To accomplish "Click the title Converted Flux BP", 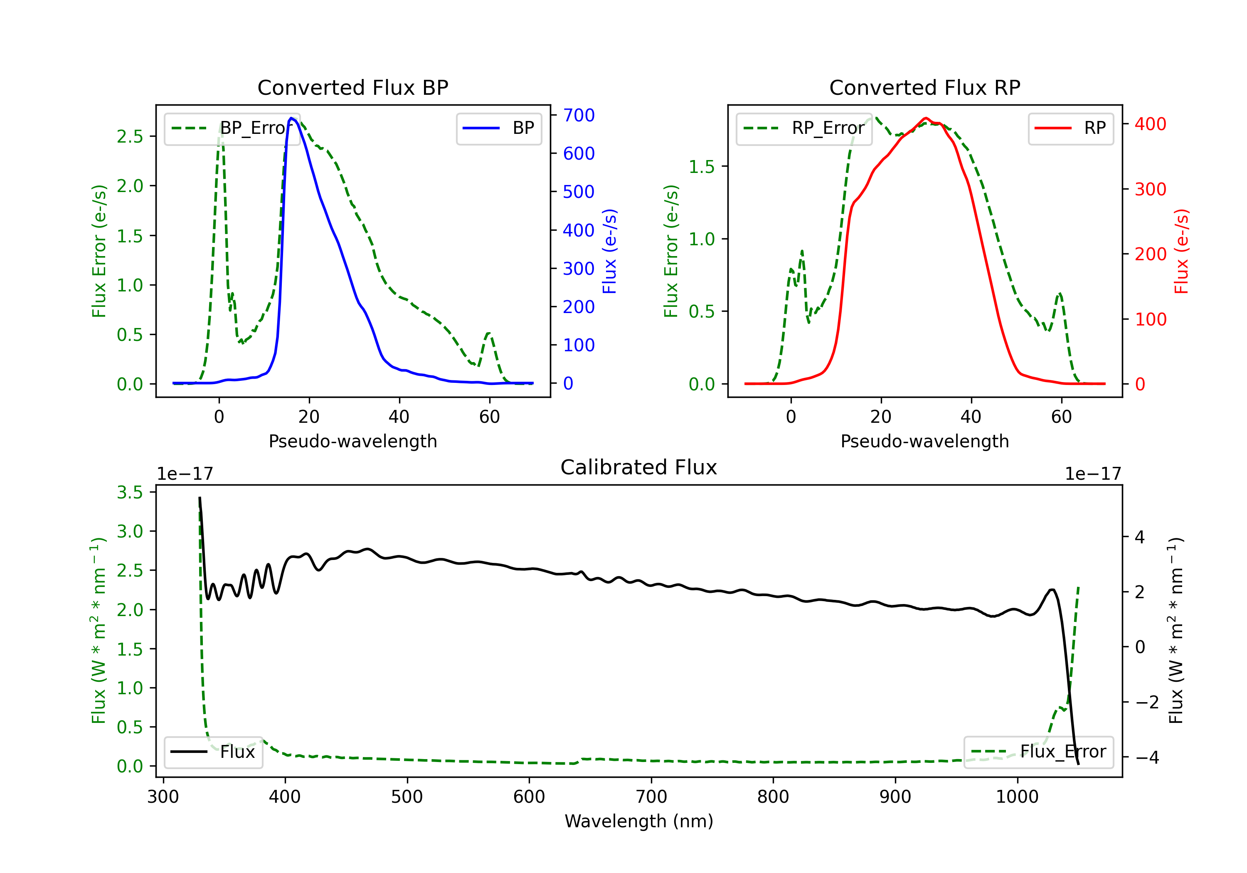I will tap(352, 87).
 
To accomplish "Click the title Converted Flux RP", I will tap(924, 87).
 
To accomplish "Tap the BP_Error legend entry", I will tap(232, 128).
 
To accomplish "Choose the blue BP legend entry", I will tap(498, 128).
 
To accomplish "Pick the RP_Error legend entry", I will tap(804, 128).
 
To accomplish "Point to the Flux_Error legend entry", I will tap(1038, 752).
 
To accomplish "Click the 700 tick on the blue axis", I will tap(579, 115).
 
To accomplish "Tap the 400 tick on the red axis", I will tap(1150, 124).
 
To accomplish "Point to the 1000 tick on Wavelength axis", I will tap(1017, 797).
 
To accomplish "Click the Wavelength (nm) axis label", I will tap(639, 821).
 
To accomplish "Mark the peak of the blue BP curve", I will tap(292, 118).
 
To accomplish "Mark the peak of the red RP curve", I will tap(926, 118).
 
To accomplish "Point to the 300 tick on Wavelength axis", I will tap(163, 797).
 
